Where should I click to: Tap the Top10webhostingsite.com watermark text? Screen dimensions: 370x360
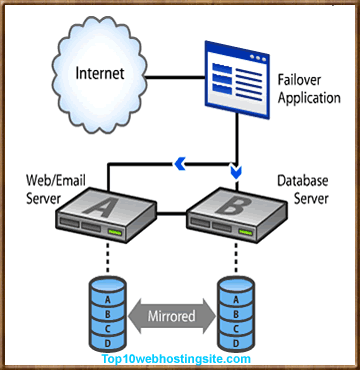click(x=181, y=356)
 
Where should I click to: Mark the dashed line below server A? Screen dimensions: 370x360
click(x=100, y=262)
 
